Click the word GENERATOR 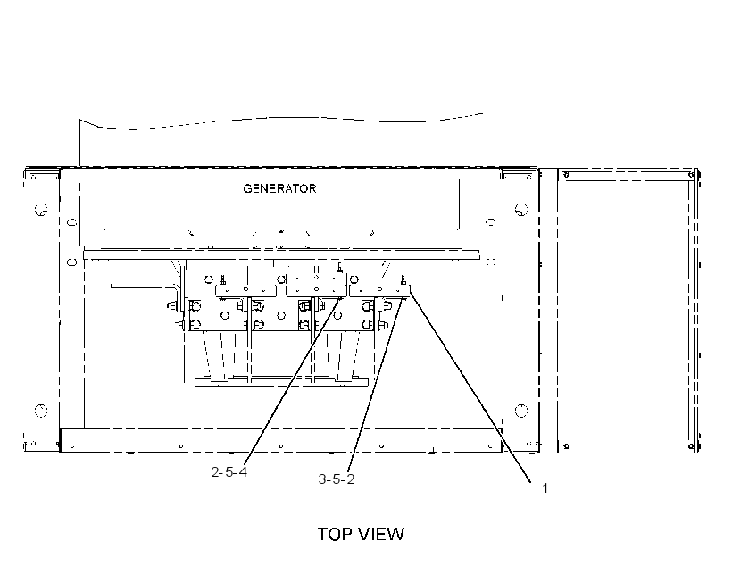click(279, 188)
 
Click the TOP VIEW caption click(361, 534)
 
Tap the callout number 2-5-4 click(229, 472)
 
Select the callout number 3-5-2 click(337, 479)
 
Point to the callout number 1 click(545, 488)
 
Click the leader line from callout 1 click(470, 386)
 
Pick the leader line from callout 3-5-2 click(375, 385)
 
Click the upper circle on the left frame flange click(41, 209)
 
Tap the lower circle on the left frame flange click(41, 411)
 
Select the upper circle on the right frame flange click(521, 209)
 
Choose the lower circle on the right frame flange click(521, 411)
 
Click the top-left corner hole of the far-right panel click(566, 175)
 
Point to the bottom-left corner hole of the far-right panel click(566, 446)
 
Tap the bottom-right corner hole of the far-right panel click(692, 447)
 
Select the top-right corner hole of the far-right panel click(692, 175)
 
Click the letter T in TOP click(322, 534)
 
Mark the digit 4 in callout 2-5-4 click(243, 472)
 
